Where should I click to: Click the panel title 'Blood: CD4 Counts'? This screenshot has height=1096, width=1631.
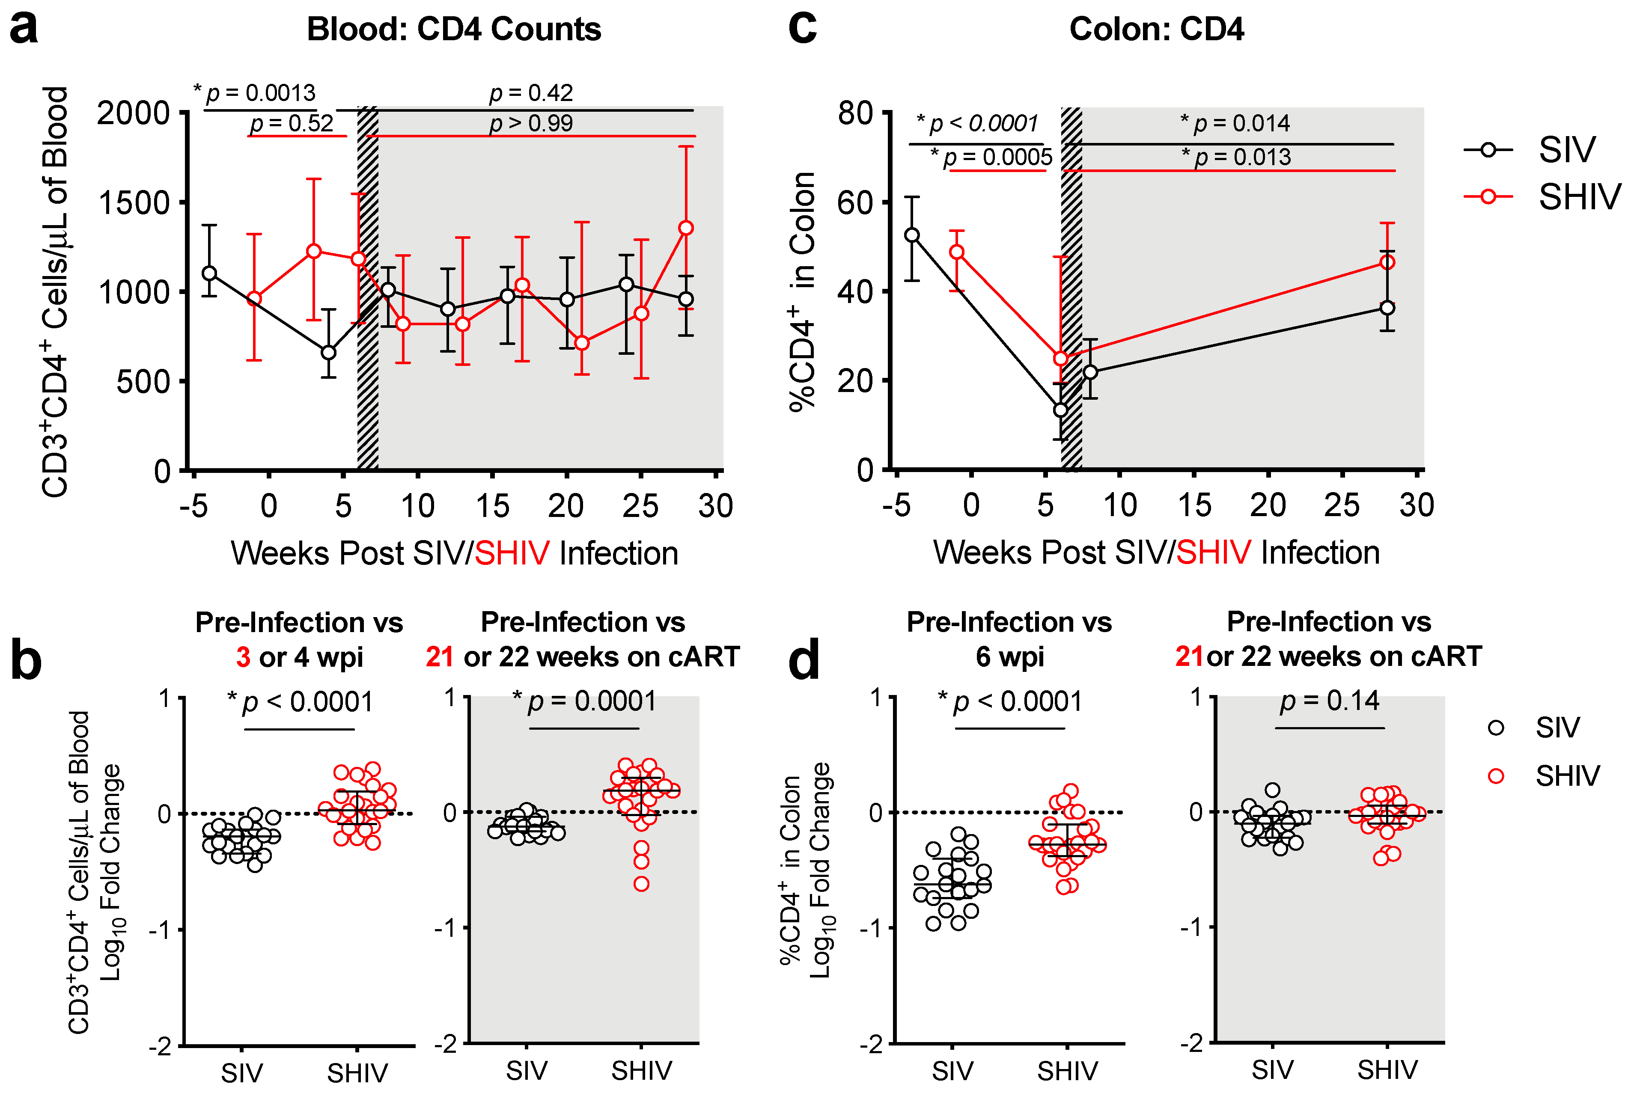pos(454,30)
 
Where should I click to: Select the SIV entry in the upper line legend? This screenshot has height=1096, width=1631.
pos(1566,150)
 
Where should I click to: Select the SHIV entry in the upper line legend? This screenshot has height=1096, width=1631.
pos(1579,197)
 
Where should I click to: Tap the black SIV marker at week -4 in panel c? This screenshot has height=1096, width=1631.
pos(912,235)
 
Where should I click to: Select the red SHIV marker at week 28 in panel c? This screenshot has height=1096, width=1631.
pos(1388,262)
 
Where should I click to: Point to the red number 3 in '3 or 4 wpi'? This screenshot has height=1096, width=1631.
pos(243,657)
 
